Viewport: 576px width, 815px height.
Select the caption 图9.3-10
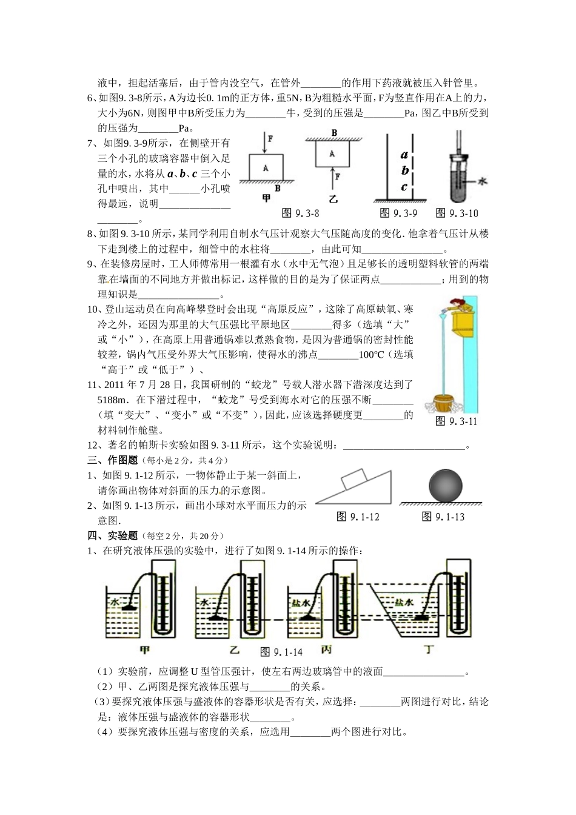457,213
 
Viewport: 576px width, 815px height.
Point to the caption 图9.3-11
456,421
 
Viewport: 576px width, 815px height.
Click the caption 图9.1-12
358,517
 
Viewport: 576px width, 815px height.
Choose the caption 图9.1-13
443,517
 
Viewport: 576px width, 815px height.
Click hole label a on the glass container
404,155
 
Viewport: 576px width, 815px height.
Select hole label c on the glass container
404,187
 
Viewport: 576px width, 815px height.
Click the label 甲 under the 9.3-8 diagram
266,198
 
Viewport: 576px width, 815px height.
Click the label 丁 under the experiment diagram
429,650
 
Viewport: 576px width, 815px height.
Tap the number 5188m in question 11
113,400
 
